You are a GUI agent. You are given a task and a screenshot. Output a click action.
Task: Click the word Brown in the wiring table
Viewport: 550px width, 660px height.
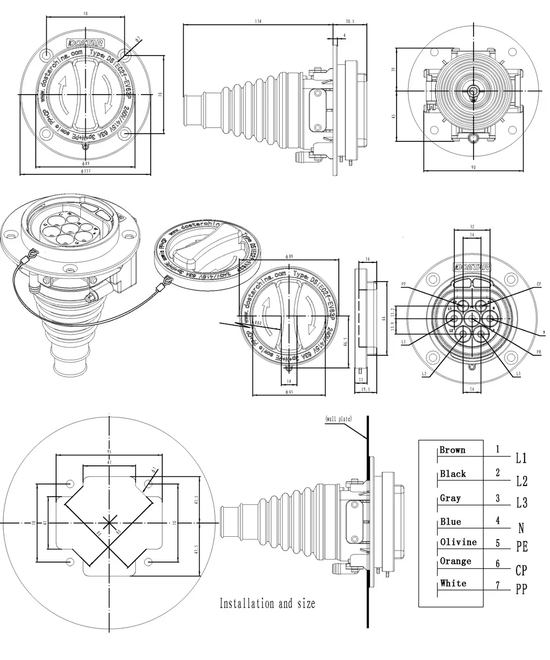tap(452, 450)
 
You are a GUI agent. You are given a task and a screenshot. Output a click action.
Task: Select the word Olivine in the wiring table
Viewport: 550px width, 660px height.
tap(458, 542)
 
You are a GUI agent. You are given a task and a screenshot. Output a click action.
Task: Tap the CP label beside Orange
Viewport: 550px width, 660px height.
tap(521, 570)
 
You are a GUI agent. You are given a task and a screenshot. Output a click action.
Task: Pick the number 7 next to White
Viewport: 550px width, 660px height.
tap(498, 586)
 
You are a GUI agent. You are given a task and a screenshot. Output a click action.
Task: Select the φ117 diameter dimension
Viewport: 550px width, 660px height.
tap(85, 172)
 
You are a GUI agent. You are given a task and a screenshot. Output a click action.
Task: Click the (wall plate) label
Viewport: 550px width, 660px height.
tap(338, 419)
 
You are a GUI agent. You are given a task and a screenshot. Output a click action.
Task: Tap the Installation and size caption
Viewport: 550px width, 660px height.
tap(267, 603)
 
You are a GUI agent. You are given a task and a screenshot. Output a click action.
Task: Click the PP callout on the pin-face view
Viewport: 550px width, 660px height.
tap(404, 284)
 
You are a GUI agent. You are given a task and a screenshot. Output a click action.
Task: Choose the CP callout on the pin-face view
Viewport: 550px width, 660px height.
tap(539, 284)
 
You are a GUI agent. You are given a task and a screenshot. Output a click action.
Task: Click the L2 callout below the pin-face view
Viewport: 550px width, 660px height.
tap(424, 374)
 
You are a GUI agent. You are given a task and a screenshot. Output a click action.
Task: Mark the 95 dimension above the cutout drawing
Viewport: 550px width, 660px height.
tap(109, 452)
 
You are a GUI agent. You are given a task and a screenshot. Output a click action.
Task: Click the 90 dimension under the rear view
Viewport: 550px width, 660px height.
tap(474, 167)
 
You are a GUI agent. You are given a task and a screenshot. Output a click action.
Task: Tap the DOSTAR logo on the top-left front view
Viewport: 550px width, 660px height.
tap(81, 42)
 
